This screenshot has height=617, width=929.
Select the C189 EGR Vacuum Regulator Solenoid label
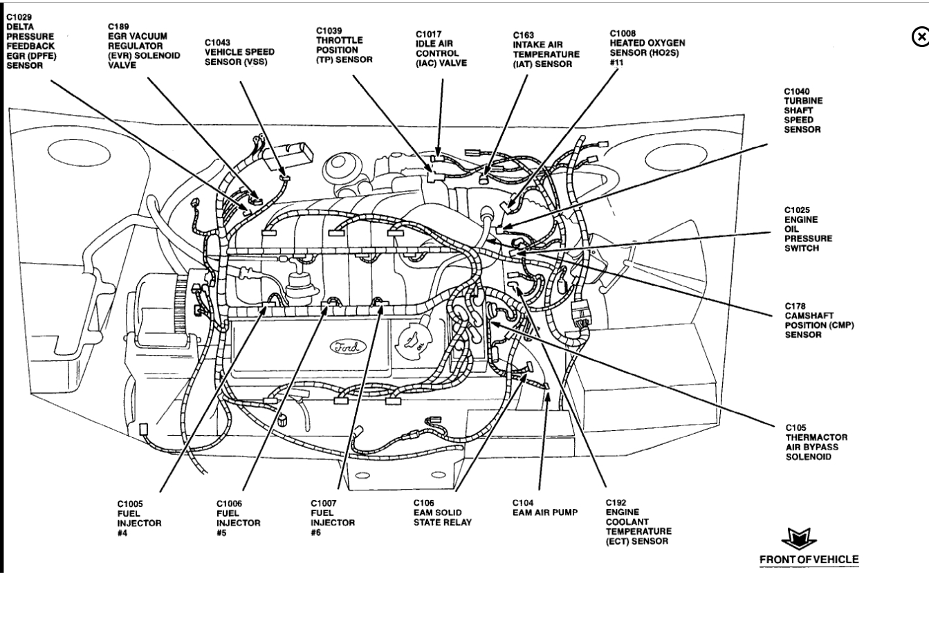coord(137,46)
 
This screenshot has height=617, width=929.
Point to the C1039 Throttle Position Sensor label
coord(344,45)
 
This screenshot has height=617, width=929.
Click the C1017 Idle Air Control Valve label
coord(441,48)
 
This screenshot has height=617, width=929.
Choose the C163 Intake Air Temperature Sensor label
coord(546,49)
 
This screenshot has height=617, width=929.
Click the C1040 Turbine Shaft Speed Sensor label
coord(802,110)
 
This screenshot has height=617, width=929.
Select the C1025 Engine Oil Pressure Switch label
coord(808,229)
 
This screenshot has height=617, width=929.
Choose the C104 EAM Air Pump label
coord(544,512)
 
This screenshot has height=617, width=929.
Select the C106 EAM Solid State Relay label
coord(442,512)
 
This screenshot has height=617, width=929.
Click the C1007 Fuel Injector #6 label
coord(333,517)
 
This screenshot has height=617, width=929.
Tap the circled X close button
coord(920,37)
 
